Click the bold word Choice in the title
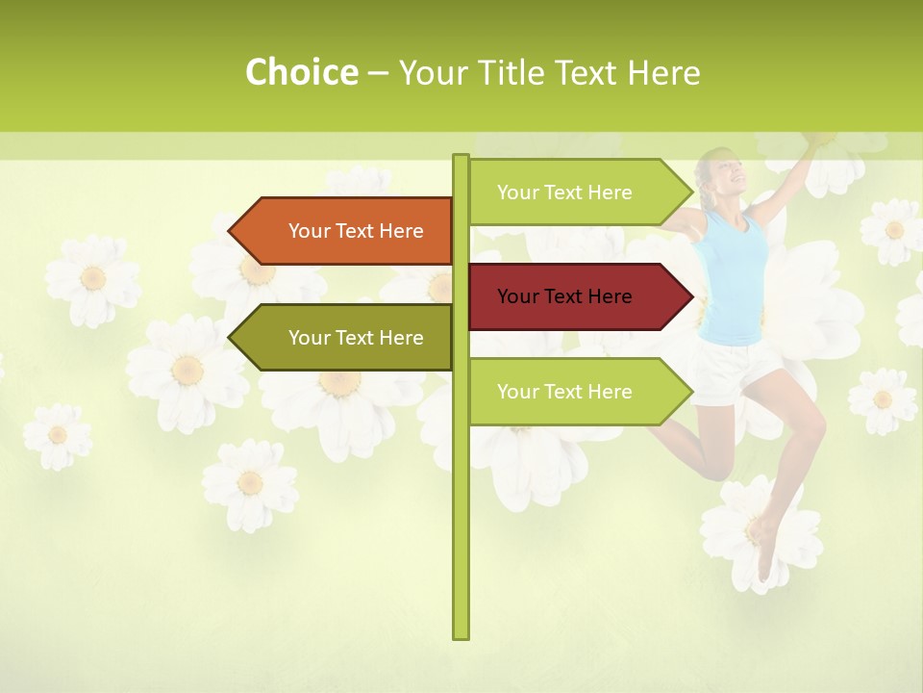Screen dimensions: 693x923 click(x=301, y=72)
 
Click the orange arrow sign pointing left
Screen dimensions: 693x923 click(x=346, y=231)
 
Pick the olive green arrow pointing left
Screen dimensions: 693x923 click(x=346, y=338)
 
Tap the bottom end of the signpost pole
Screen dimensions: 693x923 click(x=461, y=635)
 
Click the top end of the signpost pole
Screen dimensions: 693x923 click(x=461, y=158)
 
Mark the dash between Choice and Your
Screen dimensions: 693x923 click(x=378, y=72)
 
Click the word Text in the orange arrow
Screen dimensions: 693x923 click(x=356, y=231)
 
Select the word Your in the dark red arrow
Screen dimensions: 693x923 click(x=518, y=296)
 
